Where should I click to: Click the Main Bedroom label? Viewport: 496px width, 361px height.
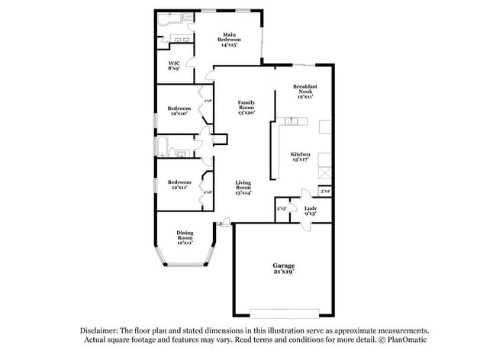pyautogui.click(x=229, y=40)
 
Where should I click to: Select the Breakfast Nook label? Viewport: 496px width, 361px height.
pyautogui.click(x=304, y=92)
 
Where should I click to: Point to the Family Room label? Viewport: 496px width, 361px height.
pyautogui.click(x=246, y=108)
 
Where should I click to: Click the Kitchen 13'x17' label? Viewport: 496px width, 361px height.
pyautogui.click(x=301, y=156)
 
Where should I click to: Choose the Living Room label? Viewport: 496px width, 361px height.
pyautogui.click(x=243, y=188)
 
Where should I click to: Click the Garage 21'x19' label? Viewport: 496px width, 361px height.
pyautogui.click(x=283, y=268)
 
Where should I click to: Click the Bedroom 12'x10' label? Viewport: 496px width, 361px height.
pyautogui.click(x=178, y=111)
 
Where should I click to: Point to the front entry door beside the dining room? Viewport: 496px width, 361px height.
pyautogui.click(x=224, y=223)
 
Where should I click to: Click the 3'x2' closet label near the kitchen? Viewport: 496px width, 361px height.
pyautogui.click(x=325, y=191)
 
